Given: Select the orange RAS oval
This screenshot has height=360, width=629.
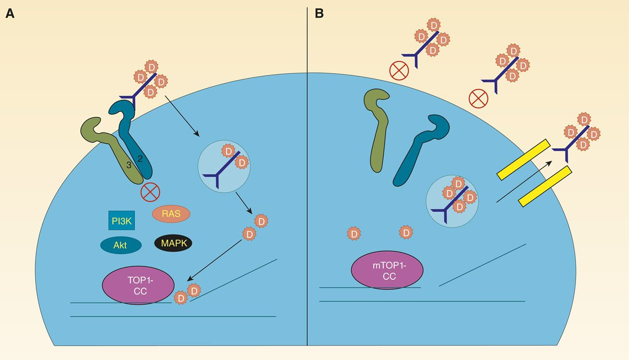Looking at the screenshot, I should point(171,213).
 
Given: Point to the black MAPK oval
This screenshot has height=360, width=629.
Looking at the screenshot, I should point(173,243).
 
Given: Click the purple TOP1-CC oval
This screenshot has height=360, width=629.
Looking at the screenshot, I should point(138,285).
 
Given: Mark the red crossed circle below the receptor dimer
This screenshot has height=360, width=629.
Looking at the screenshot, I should point(150,192).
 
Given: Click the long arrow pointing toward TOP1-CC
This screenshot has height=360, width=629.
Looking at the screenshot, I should point(216,260).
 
